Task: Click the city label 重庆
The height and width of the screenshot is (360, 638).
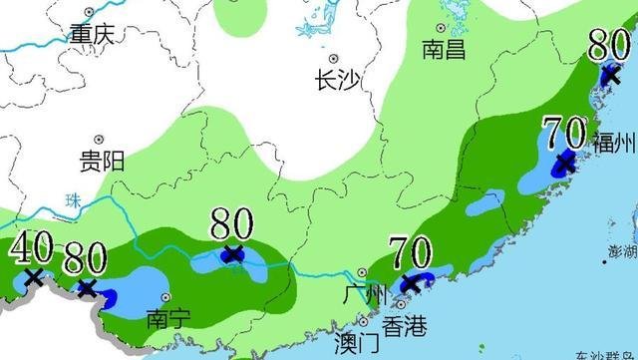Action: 92,33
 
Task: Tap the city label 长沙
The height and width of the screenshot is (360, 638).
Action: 335,80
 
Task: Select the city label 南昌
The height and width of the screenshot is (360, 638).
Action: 444,49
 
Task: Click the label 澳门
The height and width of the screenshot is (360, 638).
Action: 357,344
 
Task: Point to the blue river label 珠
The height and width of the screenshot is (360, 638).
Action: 73,200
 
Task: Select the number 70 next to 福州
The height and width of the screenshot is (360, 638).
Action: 563,131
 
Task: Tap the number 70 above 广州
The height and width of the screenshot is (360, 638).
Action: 409,251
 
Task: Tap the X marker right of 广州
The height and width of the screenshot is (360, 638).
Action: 410,284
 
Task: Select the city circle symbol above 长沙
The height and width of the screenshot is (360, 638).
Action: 335,59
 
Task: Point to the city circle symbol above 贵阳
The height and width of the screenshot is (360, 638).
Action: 99,140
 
